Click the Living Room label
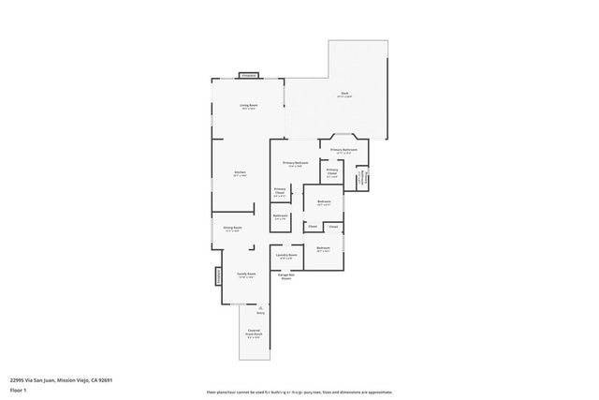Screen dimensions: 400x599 coord(248,105)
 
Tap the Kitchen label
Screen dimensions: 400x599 coord(241,173)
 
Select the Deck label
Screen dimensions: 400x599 coord(344,94)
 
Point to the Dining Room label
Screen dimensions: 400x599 coord(233,228)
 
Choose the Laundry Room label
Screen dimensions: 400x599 coord(287,255)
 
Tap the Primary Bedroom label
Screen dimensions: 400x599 coord(296,163)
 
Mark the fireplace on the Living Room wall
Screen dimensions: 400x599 coord(248,75)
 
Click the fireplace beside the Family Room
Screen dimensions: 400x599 coord(218,276)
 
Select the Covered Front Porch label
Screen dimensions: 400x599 coord(254,334)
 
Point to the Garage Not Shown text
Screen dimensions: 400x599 coord(286,276)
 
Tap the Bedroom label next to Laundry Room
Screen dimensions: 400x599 coord(323,249)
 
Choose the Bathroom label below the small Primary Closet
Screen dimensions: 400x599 coord(280,216)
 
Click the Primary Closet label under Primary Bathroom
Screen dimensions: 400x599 coord(332,171)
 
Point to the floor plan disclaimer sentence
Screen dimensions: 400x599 coord(299,392)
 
